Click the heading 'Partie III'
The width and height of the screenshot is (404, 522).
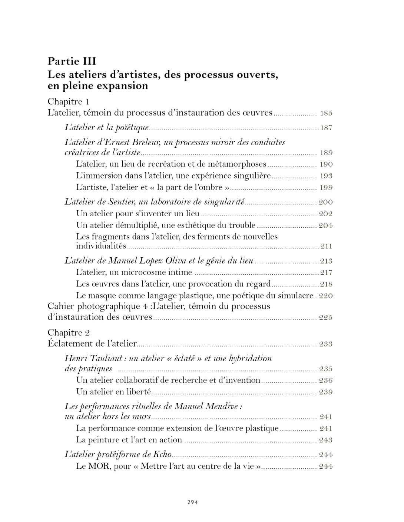72,61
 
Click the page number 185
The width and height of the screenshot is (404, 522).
326,113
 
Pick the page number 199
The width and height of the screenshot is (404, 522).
326,188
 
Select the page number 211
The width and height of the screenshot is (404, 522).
326,247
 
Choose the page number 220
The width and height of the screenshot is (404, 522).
326,296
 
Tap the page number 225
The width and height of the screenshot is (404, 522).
326,318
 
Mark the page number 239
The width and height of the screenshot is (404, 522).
326,392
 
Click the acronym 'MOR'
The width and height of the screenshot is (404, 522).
99,466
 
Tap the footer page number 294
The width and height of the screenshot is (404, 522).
192,502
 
